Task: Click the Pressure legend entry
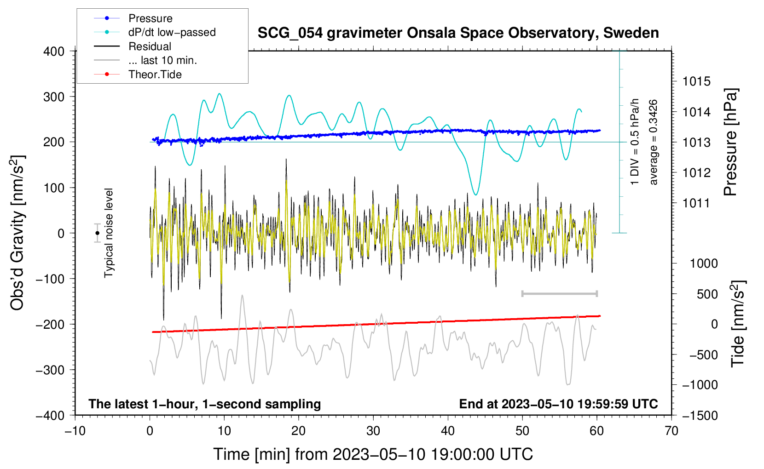click(150, 18)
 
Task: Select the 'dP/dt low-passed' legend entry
click(172, 32)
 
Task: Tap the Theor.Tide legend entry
click(155, 74)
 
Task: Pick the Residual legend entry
click(150, 46)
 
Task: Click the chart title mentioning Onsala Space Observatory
click(458, 33)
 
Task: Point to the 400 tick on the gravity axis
click(54, 51)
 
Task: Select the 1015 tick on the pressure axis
click(696, 82)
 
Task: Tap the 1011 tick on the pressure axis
click(696, 203)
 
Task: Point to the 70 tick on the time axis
click(671, 431)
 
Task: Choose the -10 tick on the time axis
click(75, 431)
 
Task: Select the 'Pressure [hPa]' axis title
click(730, 142)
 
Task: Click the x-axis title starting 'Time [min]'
click(373, 454)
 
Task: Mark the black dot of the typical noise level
click(97, 233)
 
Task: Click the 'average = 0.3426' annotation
click(653, 142)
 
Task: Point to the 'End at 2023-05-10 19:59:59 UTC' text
click(558, 404)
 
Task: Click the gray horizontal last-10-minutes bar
click(559, 293)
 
